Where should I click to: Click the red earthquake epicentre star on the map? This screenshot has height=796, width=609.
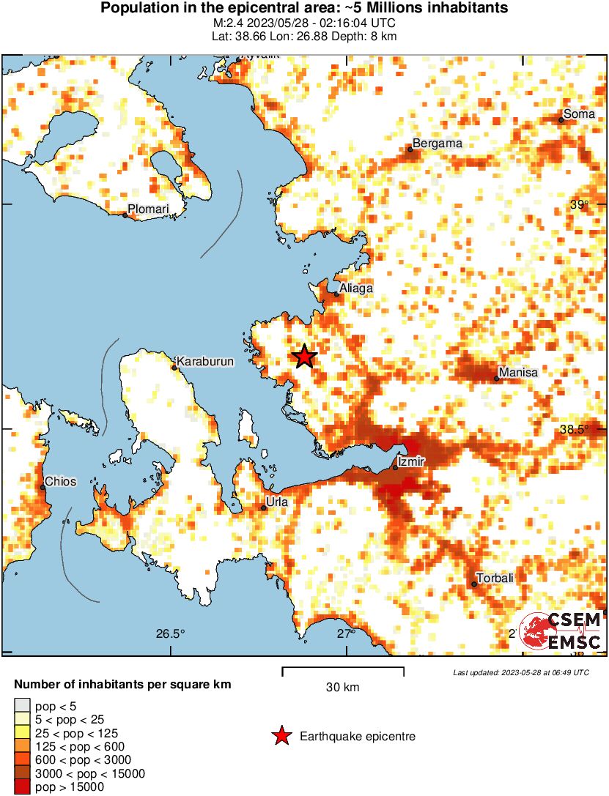(305, 357)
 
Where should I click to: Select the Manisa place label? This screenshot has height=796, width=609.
(517, 373)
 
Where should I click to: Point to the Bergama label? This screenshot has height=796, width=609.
(438, 144)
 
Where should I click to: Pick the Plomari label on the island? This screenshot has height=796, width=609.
(148, 210)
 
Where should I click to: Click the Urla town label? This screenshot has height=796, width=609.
(278, 502)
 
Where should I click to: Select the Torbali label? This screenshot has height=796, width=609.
(495, 578)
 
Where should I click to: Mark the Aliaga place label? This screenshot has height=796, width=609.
(356, 289)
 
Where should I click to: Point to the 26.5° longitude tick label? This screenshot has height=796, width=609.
(170, 634)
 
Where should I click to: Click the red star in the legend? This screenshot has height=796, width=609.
(281, 736)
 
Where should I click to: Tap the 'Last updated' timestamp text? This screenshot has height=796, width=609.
(520, 672)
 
